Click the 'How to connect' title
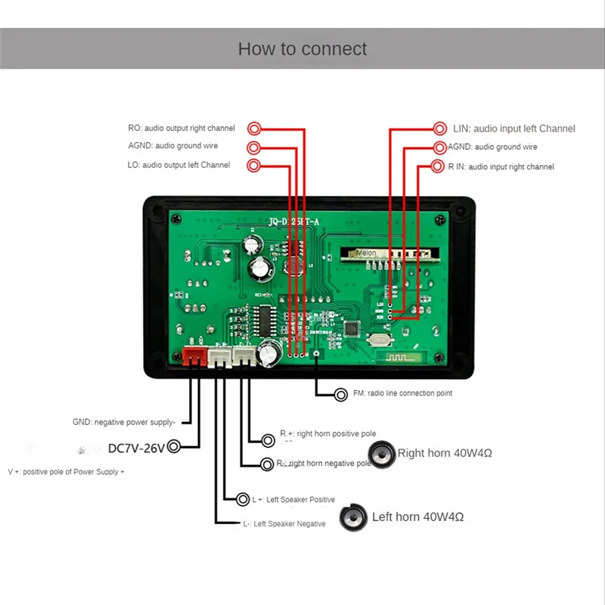pyautogui.click(x=302, y=49)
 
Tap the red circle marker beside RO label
pyautogui.click(x=256, y=129)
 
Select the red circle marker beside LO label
pyautogui.click(x=254, y=165)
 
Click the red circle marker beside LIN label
pyautogui.click(x=440, y=129)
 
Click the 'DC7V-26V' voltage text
pyautogui.click(x=136, y=448)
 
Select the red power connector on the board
pyautogui.click(x=194, y=355)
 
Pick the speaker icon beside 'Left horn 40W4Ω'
pyautogui.click(x=352, y=518)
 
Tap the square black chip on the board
pyautogui.click(x=352, y=330)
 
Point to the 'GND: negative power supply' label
pyautogui.click(x=124, y=423)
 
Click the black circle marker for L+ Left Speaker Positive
pyautogui.click(x=242, y=500)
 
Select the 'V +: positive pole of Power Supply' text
pyautogui.click(x=67, y=472)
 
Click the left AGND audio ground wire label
pyautogui.click(x=180, y=147)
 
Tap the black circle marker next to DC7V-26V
pyautogui.click(x=174, y=447)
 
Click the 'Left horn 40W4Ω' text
pyautogui.click(x=417, y=517)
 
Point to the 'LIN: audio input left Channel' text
pyautogui.click(x=514, y=129)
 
